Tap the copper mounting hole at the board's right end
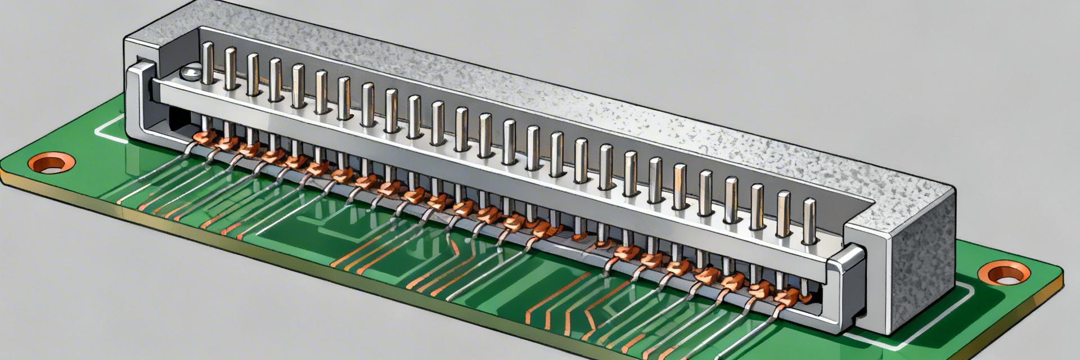point(1004,274)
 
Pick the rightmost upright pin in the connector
point(809,220)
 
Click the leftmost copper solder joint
point(200,137)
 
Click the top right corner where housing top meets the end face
point(953,188)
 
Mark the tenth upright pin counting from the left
point(413,116)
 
